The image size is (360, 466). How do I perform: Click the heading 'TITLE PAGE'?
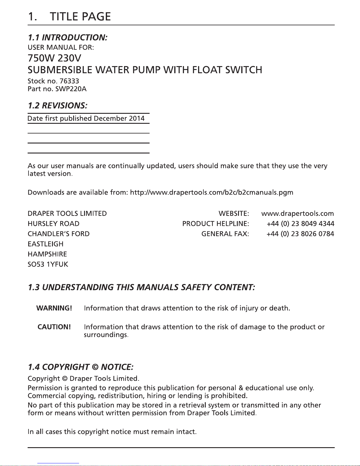(x=80, y=17)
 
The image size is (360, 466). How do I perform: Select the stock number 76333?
(x=69, y=81)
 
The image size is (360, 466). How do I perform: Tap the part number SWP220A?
(x=71, y=89)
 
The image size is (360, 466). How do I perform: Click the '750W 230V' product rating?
(x=54, y=58)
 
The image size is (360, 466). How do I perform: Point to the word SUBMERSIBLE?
(x=60, y=70)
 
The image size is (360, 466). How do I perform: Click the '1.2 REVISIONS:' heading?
(x=57, y=106)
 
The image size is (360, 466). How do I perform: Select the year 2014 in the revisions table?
(x=137, y=118)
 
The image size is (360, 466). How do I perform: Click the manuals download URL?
(x=212, y=193)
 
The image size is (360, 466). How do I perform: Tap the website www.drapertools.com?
(x=297, y=214)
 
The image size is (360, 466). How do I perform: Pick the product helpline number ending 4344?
(x=300, y=224)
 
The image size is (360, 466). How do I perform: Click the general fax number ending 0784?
(x=300, y=234)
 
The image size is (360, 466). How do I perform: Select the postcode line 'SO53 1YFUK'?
(x=48, y=265)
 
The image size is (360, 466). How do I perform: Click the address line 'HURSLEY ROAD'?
(x=53, y=224)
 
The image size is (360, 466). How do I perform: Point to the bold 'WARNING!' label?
(x=54, y=308)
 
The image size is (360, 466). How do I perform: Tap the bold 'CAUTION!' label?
(x=54, y=327)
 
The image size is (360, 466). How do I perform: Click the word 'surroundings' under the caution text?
(x=105, y=335)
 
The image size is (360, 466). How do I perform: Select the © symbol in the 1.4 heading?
(x=95, y=367)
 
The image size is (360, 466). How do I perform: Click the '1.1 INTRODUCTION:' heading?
(x=68, y=38)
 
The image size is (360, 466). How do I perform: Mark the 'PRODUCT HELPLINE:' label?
(x=215, y=224)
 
